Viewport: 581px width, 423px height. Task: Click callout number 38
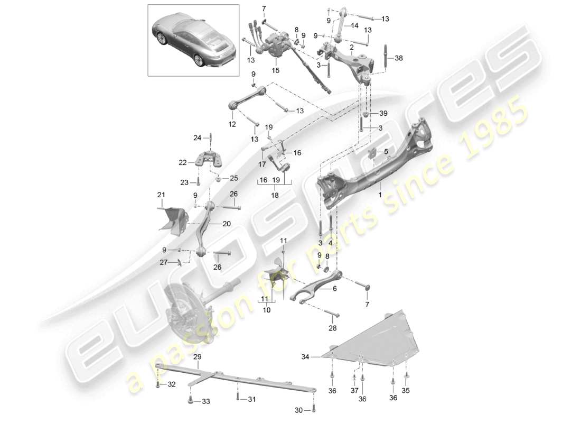click(398, 59)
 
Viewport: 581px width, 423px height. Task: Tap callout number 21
click(161, 196)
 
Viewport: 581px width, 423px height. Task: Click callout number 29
click(197, 358)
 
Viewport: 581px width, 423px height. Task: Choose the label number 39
click(383, 114)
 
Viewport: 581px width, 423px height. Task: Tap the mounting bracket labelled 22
click(206, 158)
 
